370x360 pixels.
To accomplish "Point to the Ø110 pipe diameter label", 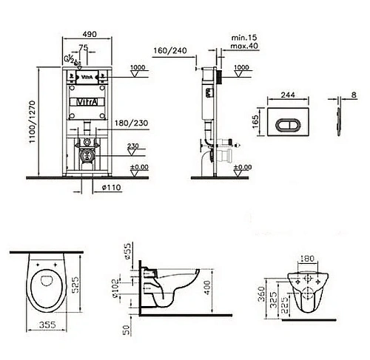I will click(111, 187).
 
